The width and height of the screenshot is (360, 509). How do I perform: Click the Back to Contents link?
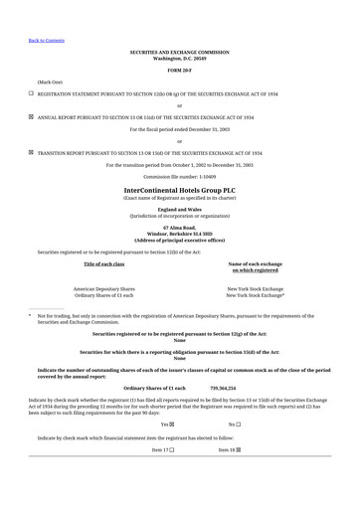click(47, 41)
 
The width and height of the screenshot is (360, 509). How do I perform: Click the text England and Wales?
click(180, 209)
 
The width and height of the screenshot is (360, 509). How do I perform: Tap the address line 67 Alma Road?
click(180, 228)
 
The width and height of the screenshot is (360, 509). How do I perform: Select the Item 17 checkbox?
click(171, 450)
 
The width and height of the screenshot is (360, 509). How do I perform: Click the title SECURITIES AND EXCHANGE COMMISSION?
click(180, 52)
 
